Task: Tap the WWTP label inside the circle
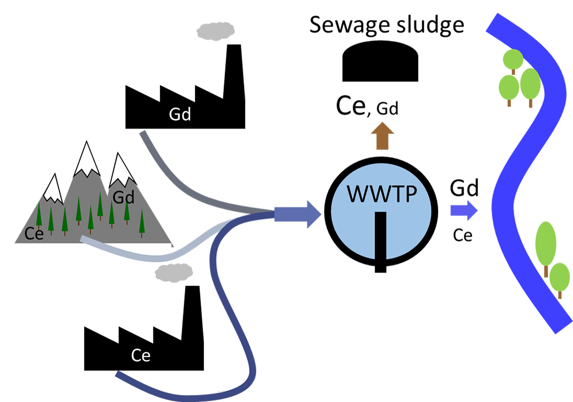382,194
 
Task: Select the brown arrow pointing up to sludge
382,136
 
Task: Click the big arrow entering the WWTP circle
298,214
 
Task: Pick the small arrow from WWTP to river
464,210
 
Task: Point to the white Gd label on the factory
180,114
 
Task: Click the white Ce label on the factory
141,355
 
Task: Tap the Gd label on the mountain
123,197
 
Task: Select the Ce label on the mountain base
34,233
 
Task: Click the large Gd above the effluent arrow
464,188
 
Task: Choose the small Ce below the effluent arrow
463,235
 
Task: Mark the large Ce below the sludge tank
351,105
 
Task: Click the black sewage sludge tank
380,61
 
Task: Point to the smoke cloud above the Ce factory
174,273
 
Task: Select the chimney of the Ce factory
193,313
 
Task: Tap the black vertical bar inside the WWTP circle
380,242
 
